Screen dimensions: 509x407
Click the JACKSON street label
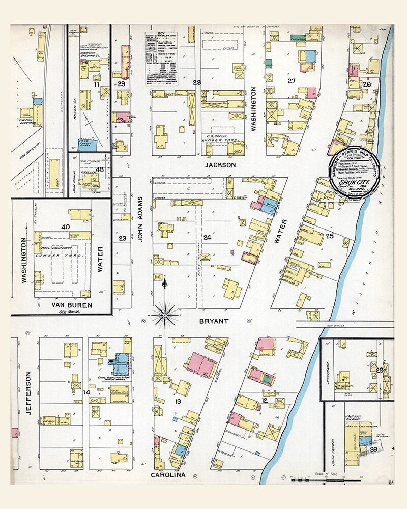click(220, 165)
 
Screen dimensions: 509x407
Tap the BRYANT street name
click(214, 321)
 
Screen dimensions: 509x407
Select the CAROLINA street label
click(168, 475)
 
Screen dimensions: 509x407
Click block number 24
click(207, 237)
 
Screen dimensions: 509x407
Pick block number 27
click(292, 81)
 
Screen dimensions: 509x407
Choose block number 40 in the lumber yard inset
click(65, 227)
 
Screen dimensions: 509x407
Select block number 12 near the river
click(265, 401)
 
